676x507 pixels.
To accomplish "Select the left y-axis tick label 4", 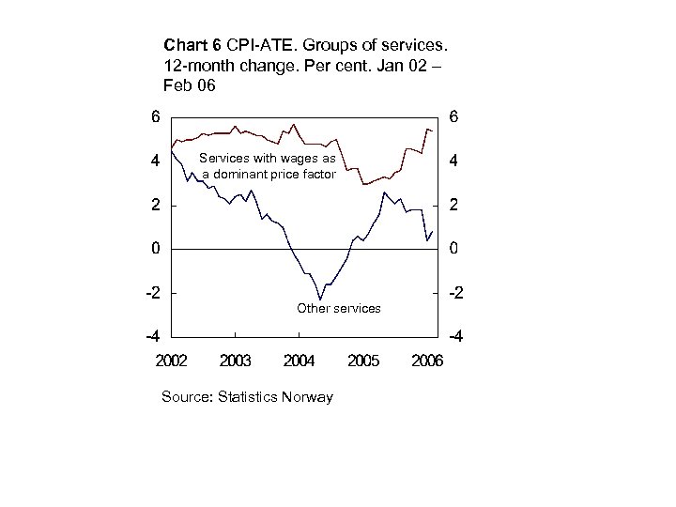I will (x=156, y=161).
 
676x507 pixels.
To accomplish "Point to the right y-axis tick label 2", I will (x=453, y=206).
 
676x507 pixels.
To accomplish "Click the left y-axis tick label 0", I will (x=156, y=249).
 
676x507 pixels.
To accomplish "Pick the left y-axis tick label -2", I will (x=152, y=293).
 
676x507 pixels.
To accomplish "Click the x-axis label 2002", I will (x=172, y=361).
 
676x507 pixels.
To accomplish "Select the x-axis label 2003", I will (x=236, y=361).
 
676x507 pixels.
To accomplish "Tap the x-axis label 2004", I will (x=300, y=361).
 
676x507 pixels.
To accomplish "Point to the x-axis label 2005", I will (x=363, y=361).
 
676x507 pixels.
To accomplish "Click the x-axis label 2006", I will (x=426, y=361).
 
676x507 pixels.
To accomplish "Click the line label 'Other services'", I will (x=338, y=308).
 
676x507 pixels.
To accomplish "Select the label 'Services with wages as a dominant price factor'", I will (x=267, y=166).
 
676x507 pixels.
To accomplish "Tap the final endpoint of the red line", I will (x=432, y=131).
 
